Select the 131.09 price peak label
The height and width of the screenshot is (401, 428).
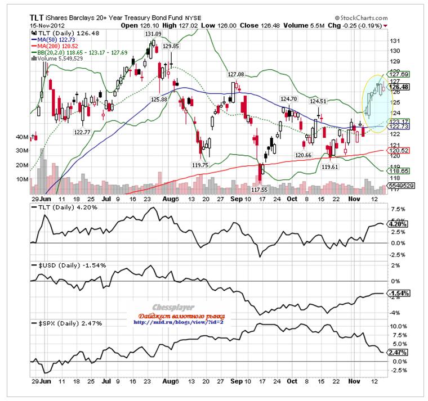pos(153,34)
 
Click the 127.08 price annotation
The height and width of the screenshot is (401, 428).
pos(236,74)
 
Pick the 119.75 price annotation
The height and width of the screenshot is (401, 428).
pos(200,165)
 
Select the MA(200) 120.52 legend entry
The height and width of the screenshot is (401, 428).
pos(57,46)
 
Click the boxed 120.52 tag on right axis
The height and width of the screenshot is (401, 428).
pos(399,150)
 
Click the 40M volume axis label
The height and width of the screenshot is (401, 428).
pos(23,137)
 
